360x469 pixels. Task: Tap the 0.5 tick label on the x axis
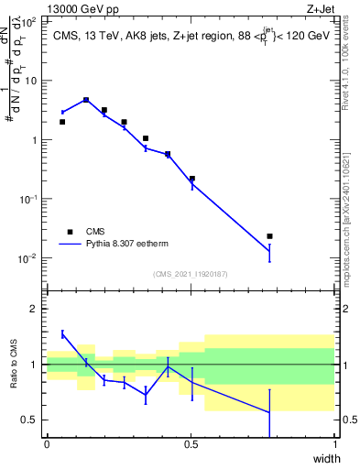tap(191, 444)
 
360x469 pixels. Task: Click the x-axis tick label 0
tap(47, 444)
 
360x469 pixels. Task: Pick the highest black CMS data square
tap(86, 100)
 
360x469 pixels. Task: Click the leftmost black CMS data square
tap(62, 122)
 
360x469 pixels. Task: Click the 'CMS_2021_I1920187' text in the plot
tap(190, 274)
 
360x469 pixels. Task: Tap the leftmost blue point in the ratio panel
tap(62, 334)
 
